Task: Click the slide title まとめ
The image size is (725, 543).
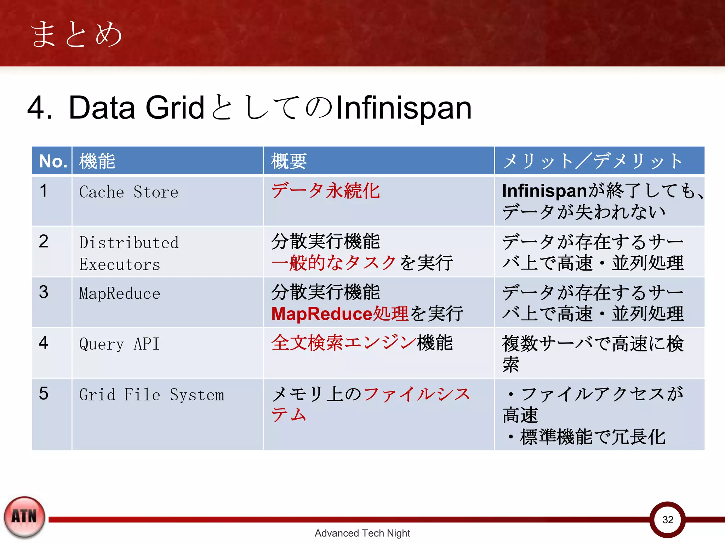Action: pyautogui.click(x=76, y=34)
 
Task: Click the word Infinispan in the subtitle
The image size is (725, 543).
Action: pyautogui.click(x=404, y=108)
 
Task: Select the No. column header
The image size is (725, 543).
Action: pyautogui.click(x=53, y=161)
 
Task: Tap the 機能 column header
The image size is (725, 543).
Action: pyautogui.click(x=97, y=161)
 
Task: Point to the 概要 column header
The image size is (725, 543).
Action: pyautogui.click(x=289, y=161)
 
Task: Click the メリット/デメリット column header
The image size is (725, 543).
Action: pyautogui.click(x=593, y=161)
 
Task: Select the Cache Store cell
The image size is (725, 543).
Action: pyautogui.click(x=129, y=192)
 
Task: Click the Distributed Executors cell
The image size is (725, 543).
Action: pyautogui.click(x=129, y=253)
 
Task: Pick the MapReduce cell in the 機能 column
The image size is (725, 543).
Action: pyautogui.click(x=120, y=293)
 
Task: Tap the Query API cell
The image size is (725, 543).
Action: pyautogui.click(x=119, y=344)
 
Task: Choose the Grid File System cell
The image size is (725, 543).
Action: pyautogui.click(x=152, y=395)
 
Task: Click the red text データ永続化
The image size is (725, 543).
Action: pyautogui.click(x=325, y=191)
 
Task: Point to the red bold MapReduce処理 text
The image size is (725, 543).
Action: pyautogui.click(x=340, y=314)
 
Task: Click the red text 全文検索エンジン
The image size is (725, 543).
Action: pyautogui.click(x=343, y=343)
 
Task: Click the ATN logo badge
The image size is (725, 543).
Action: pyautogui.click(x=24, y=517)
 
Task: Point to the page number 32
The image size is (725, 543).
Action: pyautogui.click(x=668, y=520)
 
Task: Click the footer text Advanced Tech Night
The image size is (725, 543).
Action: pyautogui.click(x=362, y=533)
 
